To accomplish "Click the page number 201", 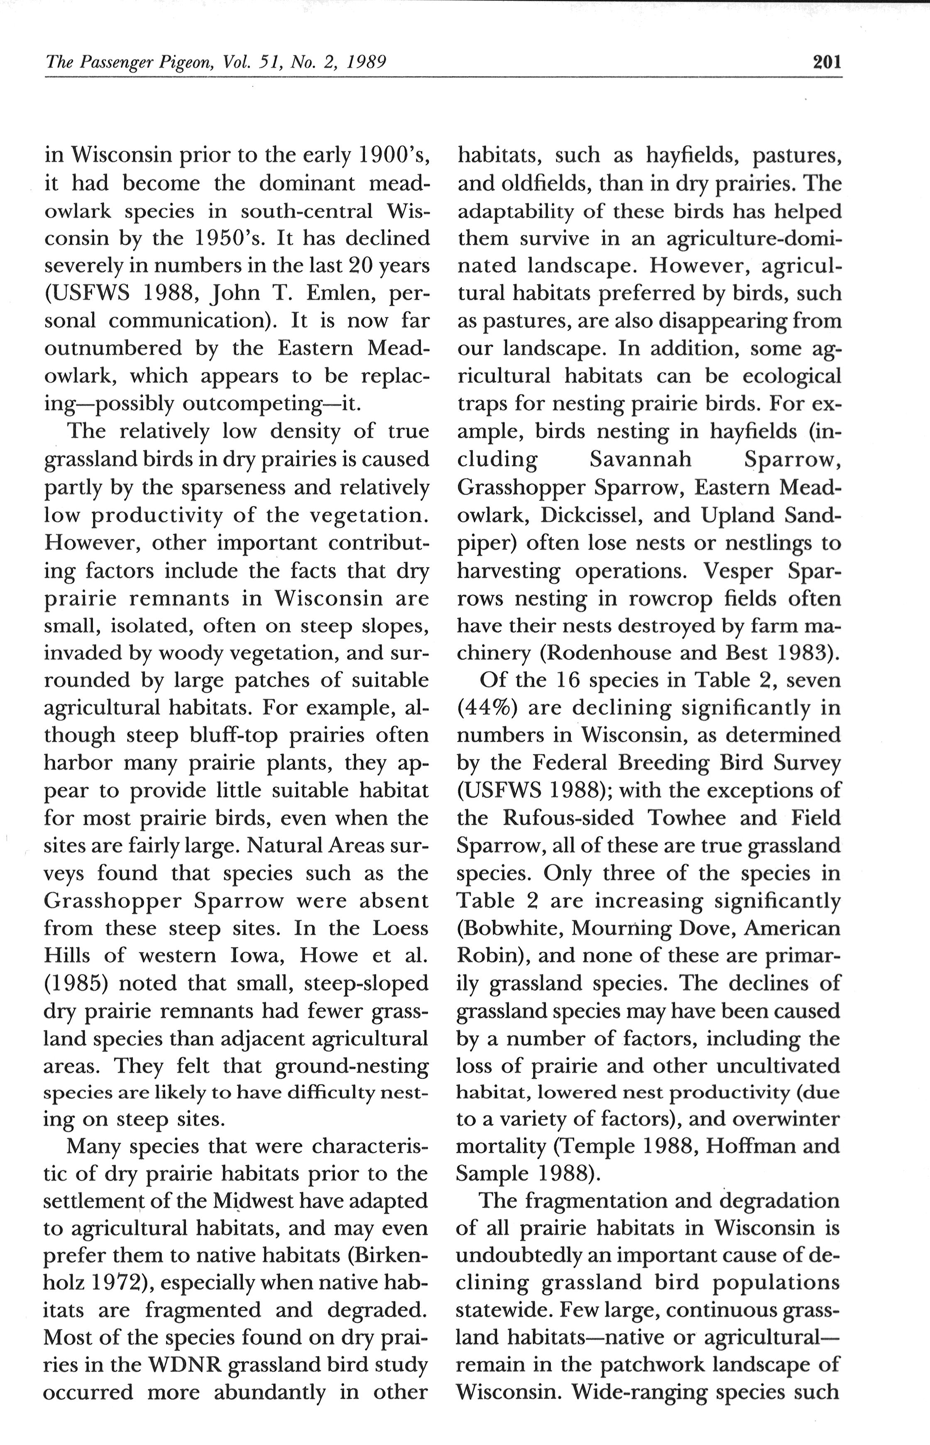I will [827, 62].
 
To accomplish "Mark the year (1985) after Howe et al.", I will [76, 983].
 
